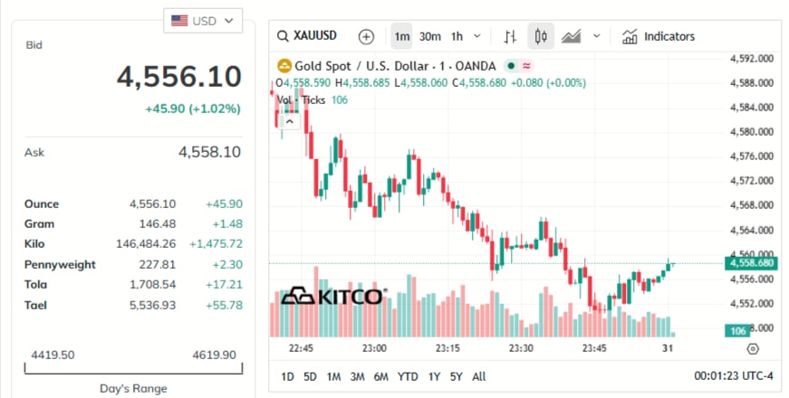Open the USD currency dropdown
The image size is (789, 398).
pos(202,20)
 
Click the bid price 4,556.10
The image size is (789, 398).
pos(178,77)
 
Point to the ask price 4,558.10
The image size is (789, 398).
pos(209,152)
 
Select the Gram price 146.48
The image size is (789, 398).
pos(155,223)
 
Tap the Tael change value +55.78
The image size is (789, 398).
pos(222,306)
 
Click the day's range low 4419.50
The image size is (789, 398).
pos(52,355)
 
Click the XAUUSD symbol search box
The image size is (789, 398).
pos(308,36)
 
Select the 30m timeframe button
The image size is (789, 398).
pos(429,36)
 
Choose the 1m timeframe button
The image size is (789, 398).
pos(402,36)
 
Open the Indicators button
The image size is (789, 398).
pos(659,36)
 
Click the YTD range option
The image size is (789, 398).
pos(408,376)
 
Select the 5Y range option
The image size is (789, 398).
pos(456,376)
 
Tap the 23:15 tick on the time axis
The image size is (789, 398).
pos(447,348)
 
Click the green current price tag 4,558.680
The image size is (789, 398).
pos(750,263)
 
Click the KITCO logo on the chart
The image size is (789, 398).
pos(332,297)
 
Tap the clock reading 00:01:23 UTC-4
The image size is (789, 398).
pos(733,376)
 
